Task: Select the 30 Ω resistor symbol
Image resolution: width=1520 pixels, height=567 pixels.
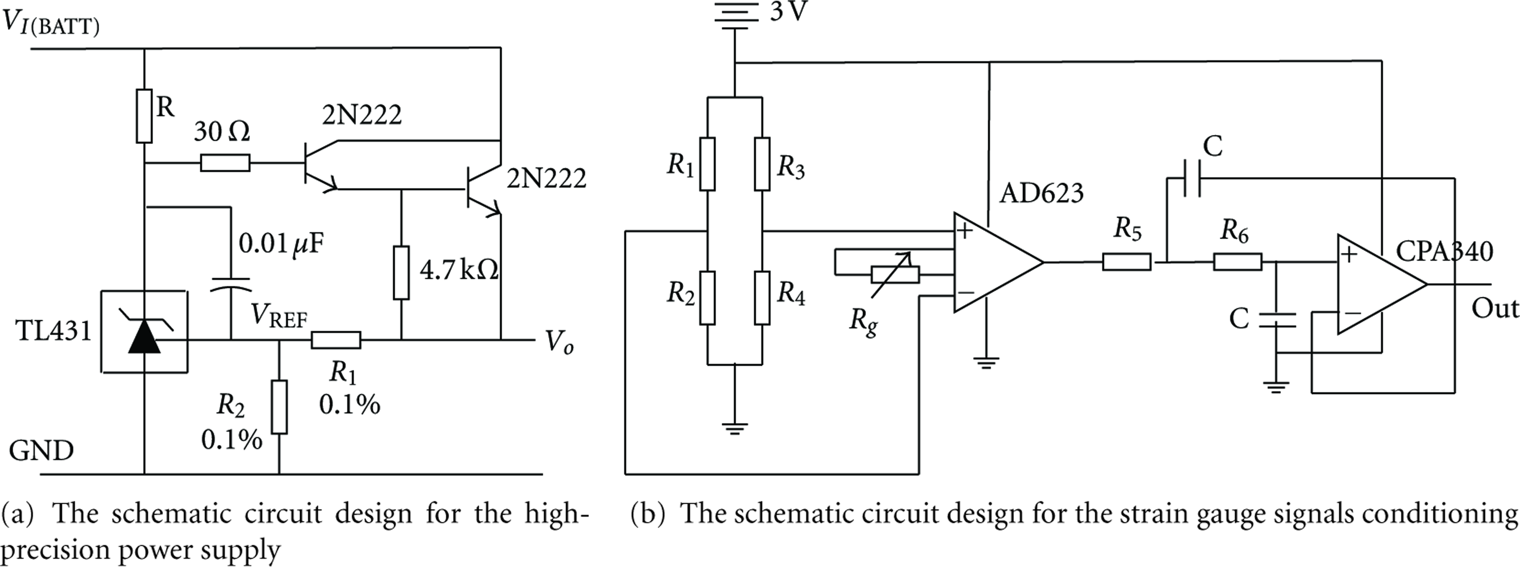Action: pos(225,163)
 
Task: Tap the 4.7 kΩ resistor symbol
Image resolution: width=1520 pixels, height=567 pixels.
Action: pos(401,273)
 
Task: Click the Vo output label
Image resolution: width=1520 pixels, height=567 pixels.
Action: pos(558,342)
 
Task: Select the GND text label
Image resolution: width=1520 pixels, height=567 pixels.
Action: pos(41,451)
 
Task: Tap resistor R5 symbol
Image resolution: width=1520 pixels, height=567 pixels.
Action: pos(1127,262)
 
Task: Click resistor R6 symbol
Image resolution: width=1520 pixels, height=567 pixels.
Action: pos(1238,262)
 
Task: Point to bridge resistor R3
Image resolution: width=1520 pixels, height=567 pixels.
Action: pos(762,164)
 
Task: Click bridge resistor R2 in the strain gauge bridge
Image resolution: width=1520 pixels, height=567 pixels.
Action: pos(707,298)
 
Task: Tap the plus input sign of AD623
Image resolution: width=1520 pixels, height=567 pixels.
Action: pos(965,230)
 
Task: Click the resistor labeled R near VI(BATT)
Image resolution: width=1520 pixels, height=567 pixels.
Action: pos(144,116)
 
